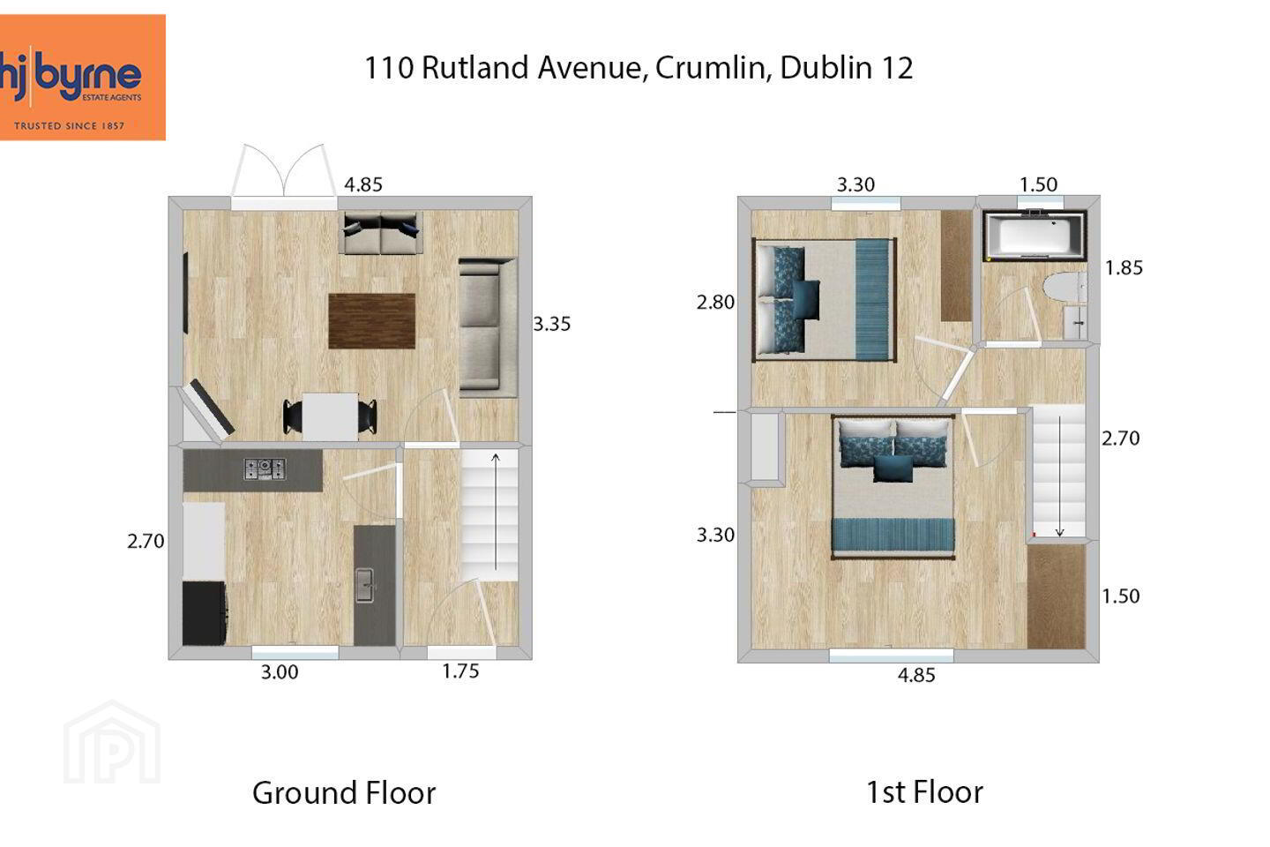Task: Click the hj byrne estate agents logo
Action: pos(82,77)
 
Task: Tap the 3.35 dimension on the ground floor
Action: pos(552,324)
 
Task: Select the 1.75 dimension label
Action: pos(460,671)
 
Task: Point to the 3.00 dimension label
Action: pos(280,672)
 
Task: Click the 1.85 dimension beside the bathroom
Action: pos(1124,267)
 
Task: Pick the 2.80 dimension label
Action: pos(715,303)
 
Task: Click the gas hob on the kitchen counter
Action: pos(265,469)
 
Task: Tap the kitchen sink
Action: pos(365,585)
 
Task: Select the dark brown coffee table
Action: pos(372,321)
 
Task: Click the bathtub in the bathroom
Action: pos(1035,236)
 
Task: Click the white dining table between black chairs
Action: pos(330,417)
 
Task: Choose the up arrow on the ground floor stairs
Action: pos(496,511)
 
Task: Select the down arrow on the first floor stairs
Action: pos(1059,476)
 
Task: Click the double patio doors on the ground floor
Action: pos(284,177)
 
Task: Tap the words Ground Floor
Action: pos(344,792)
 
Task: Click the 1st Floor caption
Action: pos(924,792)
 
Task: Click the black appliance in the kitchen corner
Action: pos(205,613)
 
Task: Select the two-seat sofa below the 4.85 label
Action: pos(380,233)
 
